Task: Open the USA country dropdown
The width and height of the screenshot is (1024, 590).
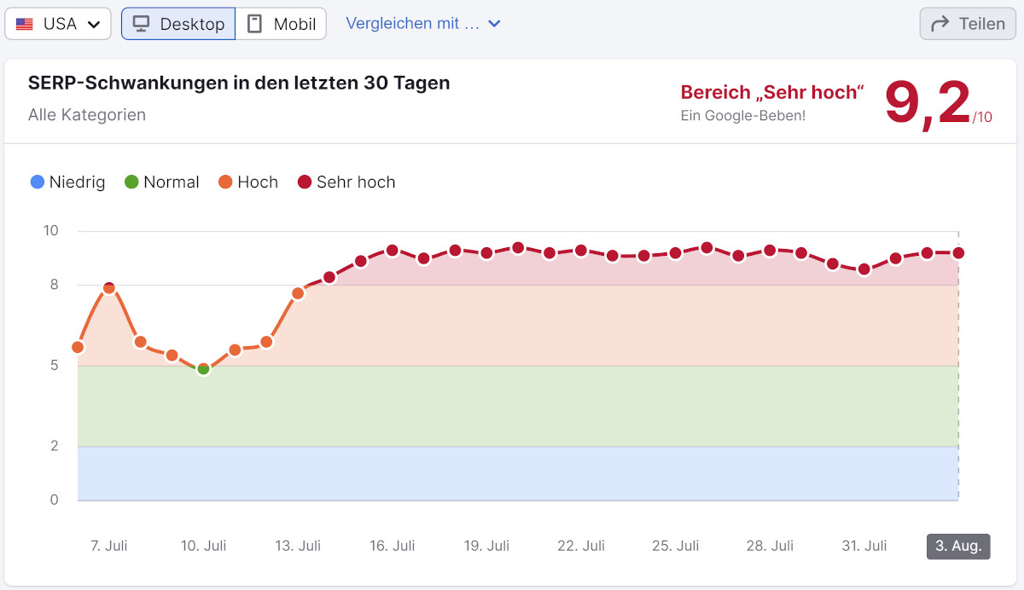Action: coord(58,24)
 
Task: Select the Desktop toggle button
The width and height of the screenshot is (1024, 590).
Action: coord(178,24)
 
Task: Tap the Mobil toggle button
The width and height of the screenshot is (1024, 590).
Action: coord(281,24)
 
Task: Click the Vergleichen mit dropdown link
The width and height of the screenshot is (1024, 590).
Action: coord(422,24)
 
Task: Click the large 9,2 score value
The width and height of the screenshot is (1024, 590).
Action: coord(928,104)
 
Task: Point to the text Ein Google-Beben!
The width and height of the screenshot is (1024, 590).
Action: coord(742,115)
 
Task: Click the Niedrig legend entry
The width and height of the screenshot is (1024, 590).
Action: coord(67,182)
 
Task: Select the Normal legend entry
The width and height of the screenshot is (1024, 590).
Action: coord(162,182)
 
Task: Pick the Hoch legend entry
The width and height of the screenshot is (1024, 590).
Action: coord(248,182)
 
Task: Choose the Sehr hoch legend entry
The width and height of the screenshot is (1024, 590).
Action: coord(346,182)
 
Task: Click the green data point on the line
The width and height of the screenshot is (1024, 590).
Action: coord(203,368)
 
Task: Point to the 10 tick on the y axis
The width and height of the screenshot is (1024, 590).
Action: coord(51,230)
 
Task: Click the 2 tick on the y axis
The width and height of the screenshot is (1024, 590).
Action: coord(55,446)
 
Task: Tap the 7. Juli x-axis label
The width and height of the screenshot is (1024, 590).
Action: coord(109,546)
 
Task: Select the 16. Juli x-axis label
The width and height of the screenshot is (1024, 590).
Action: coord(393,546)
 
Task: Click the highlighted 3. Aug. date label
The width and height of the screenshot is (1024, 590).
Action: coord(958,546)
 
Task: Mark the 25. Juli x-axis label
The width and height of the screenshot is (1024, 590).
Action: coord(675,546)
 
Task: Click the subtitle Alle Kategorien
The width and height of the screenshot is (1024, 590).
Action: coord(87,114)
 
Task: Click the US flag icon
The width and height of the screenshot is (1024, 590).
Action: coord(25,24)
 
